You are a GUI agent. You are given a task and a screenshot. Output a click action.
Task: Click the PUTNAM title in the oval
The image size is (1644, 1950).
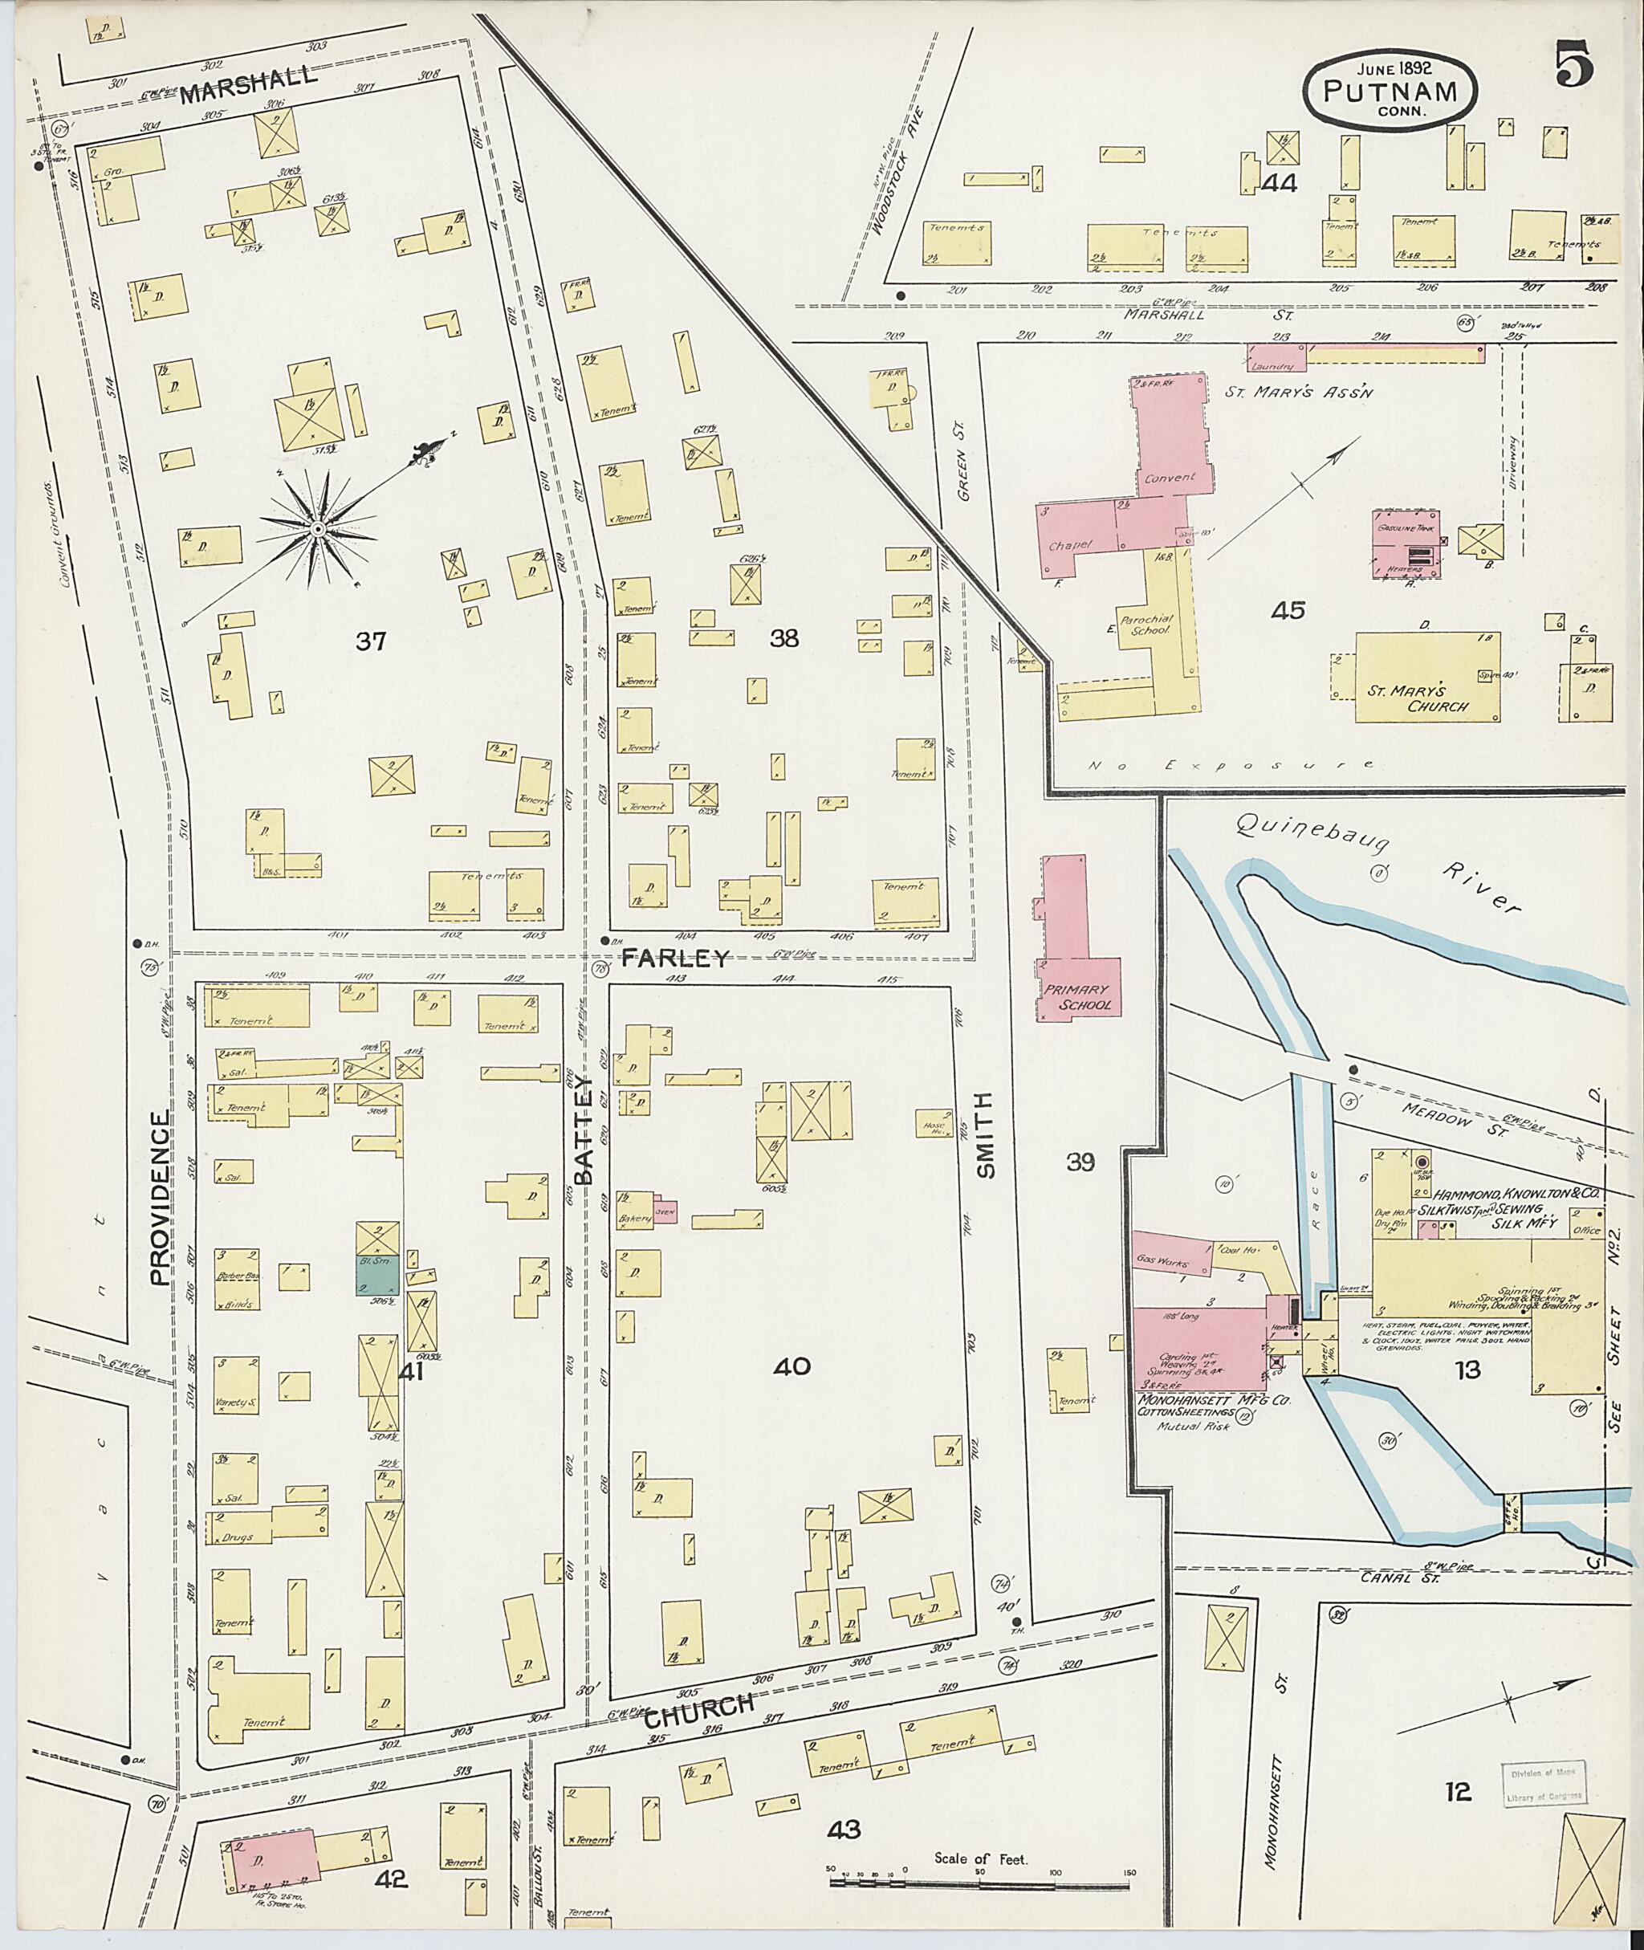click(1390, 92)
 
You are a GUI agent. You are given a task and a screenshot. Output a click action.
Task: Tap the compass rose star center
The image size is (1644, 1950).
click(317, 529)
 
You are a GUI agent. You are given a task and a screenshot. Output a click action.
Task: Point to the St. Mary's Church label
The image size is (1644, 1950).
click(1418, 698)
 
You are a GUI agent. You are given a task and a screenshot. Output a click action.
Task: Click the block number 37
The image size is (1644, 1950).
click(370, 641)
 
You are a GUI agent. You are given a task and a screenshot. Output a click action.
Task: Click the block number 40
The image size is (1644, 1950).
click(792, 1366)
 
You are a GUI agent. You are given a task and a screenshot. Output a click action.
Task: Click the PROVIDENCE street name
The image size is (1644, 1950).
click(161, 1198)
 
